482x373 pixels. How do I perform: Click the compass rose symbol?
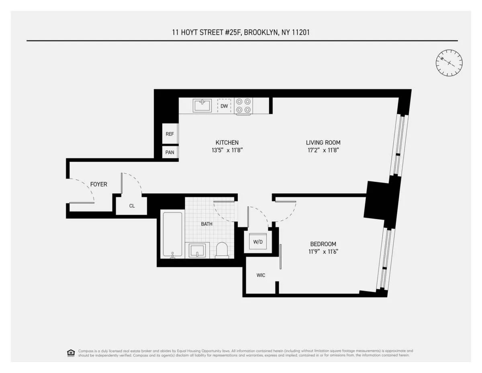pos(449,62)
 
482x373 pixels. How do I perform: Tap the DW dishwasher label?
pos(224,106)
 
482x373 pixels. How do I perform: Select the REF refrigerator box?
pos(170,134)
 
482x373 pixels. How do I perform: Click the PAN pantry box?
pos(170,152)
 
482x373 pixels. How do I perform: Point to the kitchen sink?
pos(202,106)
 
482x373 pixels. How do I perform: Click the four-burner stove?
pos(243,106)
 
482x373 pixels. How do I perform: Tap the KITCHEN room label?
pos(227,142)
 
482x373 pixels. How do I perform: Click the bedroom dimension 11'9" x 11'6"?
pos(323,252)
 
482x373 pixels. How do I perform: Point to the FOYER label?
pos(98,184)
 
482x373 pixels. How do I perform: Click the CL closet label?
pos(132,206)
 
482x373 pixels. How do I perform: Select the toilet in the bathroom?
pos(222,249)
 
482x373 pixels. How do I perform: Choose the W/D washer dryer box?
pos(257,242)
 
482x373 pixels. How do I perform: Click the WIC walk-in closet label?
pos(261,275)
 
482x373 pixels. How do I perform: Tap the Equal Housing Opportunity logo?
pos(71,353)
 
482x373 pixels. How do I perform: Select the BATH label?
pos(207,224)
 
